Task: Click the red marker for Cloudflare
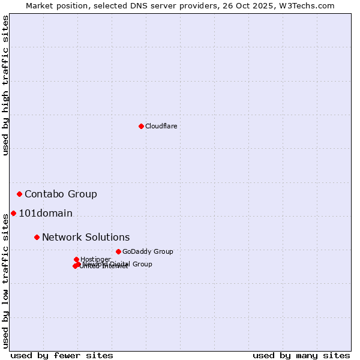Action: (x=141, y=126)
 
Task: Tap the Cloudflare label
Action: (x=161, y=126)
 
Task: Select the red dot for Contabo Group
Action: (x=20, y=194)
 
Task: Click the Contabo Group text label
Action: (x=61, y=194)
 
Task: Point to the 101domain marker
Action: (x=13, y=213)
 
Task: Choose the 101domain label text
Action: (x=46, y=213)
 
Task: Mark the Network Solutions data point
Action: (x=37, y=237)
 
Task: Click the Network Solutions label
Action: (x=86, y=237)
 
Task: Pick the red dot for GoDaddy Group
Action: (x=118, y=251)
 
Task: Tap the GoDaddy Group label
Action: (x=148, y=251)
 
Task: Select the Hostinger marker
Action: (x=76, y=259)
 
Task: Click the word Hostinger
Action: (x=95, y=259)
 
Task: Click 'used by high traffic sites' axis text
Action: (x=5, y=86)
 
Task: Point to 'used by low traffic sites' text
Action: (x=5, y=280)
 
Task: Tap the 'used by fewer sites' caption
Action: (x=62, y=355)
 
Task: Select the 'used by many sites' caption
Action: (x=301, y=355)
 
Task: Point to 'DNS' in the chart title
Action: (x=129, y=5)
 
